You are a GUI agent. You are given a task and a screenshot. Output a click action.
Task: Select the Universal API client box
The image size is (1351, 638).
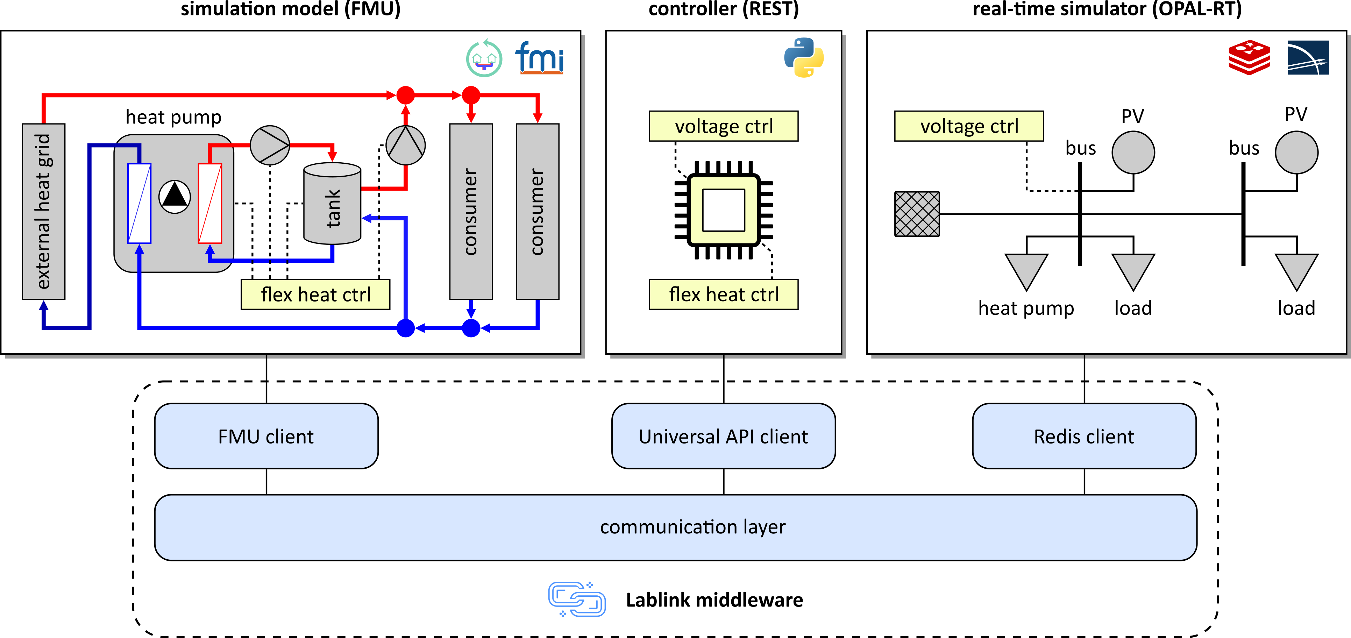[x=723, y=436]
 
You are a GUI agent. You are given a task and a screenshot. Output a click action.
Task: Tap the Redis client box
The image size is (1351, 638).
[x=1084, y=436]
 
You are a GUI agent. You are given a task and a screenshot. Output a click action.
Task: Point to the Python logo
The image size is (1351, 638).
[x=803, y=58]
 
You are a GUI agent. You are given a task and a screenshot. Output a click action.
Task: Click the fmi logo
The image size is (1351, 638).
[x=539, y=58]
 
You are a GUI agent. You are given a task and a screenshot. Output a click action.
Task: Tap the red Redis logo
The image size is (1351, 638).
[x=1249, y=58]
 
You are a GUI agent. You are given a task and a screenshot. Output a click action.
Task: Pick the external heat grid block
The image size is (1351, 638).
[x=43, y=211]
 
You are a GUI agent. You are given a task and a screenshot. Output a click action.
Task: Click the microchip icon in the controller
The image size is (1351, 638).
[x=724, y=210]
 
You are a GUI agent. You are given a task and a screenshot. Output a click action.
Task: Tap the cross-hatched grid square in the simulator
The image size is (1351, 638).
[x=917, y=214]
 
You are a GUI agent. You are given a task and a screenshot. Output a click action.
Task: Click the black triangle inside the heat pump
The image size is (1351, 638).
[x=175, y=196]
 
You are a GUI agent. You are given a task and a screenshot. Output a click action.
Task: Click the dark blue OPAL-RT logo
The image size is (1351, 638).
[x=1308, y=58]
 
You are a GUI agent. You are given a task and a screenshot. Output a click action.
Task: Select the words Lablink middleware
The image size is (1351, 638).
[x=714, y=600]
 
